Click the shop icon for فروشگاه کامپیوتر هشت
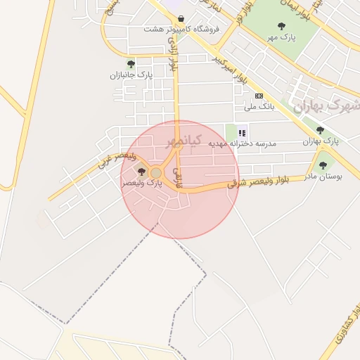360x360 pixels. click(x=182, y=19)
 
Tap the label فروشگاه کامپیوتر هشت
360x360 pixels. click(x=181, y=30)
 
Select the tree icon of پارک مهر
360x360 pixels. click(x=281, y=26)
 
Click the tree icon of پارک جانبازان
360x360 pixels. click(x=131, y=64)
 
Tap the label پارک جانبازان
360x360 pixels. click(x=131, y=75)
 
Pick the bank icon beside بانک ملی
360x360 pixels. click(x=259, y=96)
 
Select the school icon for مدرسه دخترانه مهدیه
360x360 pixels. click(x=243, y=132)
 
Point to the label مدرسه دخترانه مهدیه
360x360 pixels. click(x=243, y=143)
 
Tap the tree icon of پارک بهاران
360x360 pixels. click(x=320, y=130)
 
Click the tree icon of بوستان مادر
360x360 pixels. click(x=323, y=166)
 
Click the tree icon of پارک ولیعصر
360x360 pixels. click(x=141, y=172)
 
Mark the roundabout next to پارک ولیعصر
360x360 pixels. click(x=156, y=173)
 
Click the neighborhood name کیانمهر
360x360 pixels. click(x=184, y=141)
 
